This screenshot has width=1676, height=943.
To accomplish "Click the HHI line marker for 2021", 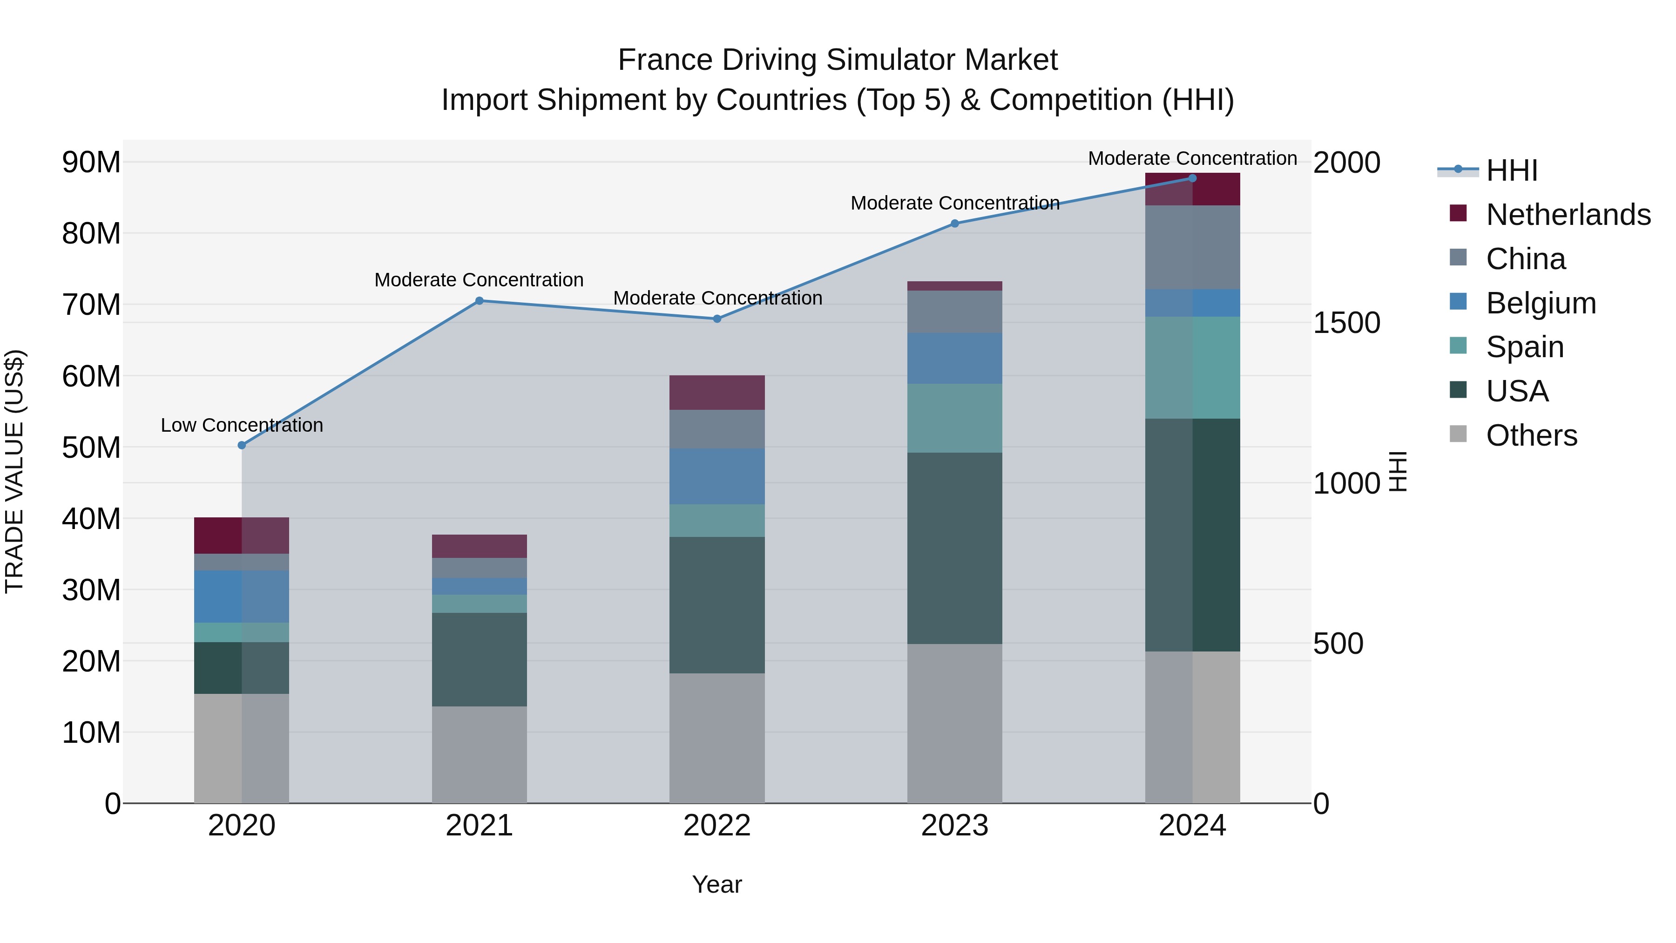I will point(479,301).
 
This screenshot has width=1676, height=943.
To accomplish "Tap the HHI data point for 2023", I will point(954,223).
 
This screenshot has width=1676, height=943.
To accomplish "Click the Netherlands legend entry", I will point(1568,215).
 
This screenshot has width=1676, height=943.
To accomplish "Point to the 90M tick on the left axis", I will point(91,162).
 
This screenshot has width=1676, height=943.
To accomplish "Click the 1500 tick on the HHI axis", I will point(1346,323).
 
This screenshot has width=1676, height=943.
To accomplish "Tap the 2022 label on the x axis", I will point(716,826).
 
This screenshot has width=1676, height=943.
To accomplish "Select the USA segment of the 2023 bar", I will point(954,548).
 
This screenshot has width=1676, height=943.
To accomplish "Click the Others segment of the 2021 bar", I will point(479,754).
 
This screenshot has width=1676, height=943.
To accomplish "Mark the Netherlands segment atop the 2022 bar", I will point(716,393).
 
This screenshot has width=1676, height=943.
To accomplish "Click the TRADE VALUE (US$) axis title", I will point(14,471).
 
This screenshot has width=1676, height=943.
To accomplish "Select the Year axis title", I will point(716,884).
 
